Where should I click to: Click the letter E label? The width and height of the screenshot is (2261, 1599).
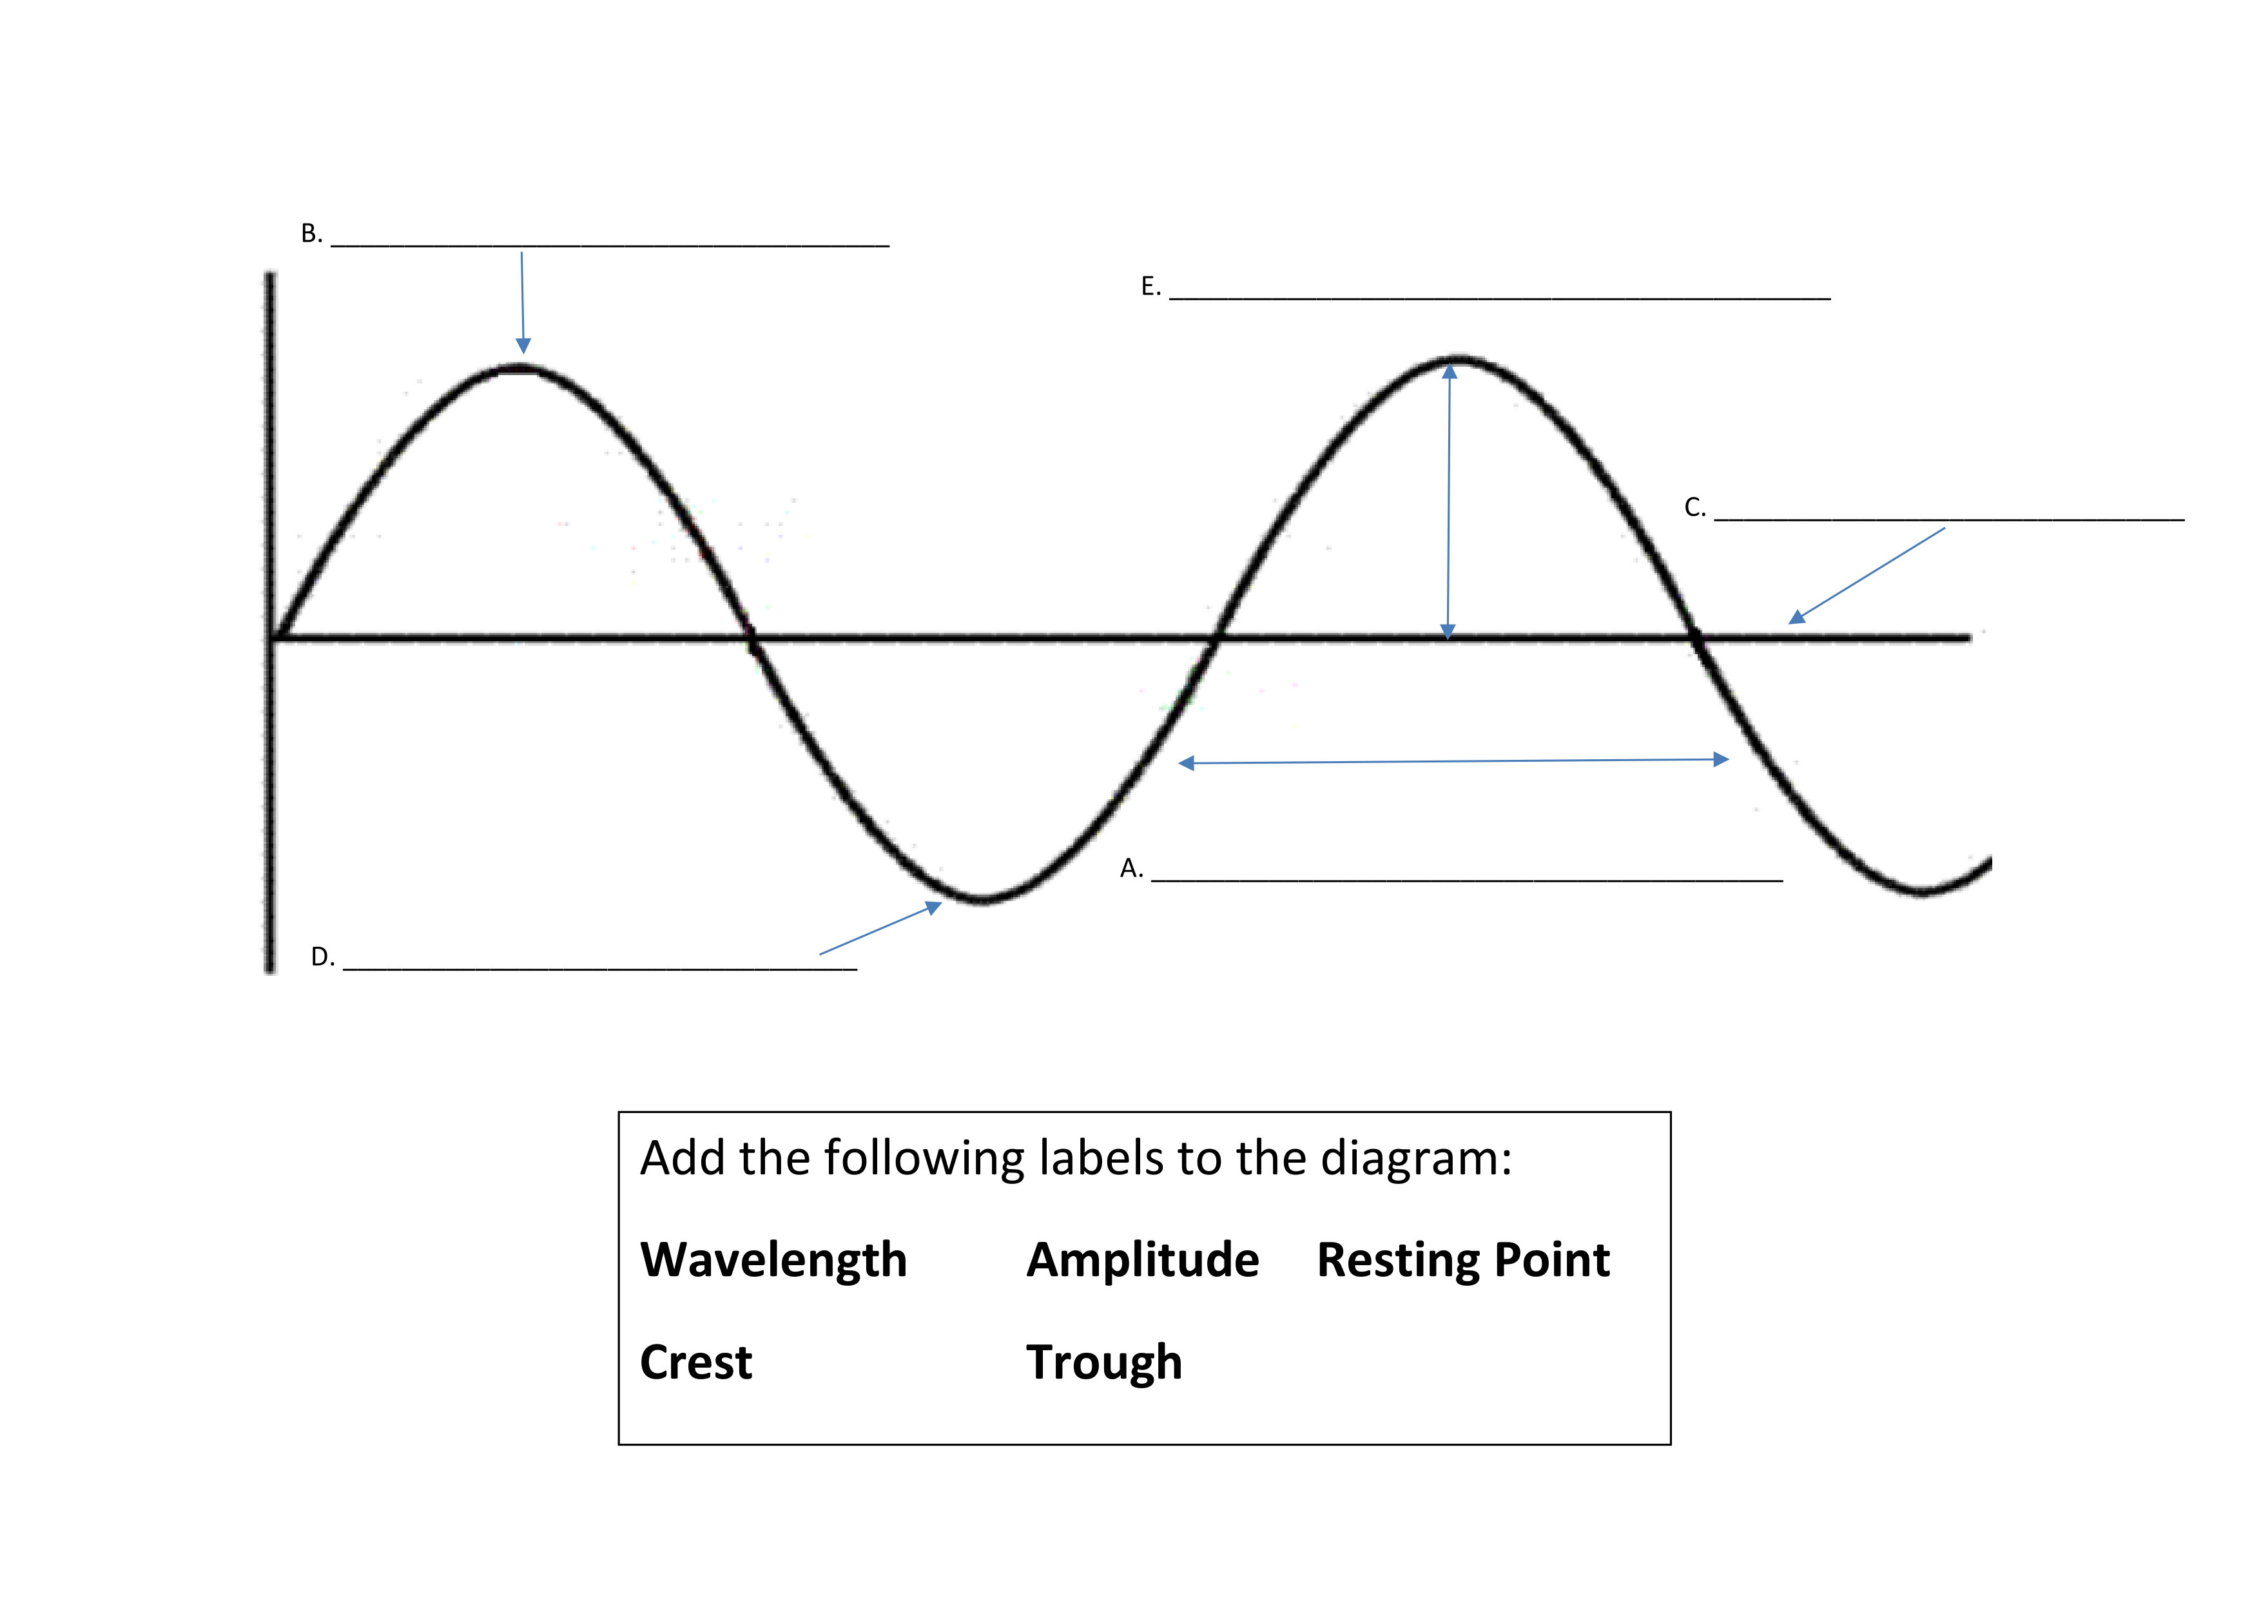tap(1149, 287)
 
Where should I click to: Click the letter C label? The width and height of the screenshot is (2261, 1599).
tap(1693, 507)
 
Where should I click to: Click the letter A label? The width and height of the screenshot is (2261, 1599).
tap(1129, 867)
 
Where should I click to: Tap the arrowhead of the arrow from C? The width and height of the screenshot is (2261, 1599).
tap(1797, 617)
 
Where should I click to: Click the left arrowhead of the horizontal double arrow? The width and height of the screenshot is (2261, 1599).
tap(1187, 763)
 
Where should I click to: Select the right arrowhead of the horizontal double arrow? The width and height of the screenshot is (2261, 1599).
tap(1722, 759)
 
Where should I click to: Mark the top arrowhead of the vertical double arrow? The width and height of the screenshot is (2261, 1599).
tap(1450, 372)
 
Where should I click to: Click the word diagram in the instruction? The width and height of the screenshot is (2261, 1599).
tap(1415, 1158)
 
